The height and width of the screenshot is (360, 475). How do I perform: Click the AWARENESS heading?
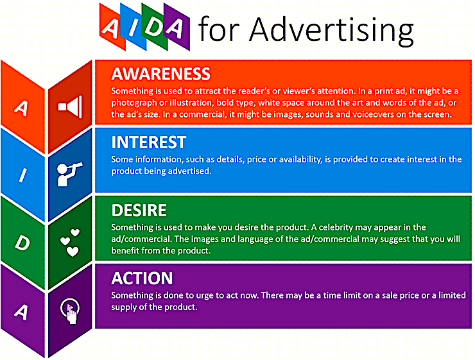coord(160,74)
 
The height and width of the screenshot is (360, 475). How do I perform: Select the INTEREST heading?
coord(149,142)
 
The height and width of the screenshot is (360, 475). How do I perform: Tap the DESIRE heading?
coord(139,210)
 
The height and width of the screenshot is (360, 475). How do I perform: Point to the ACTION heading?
coord(142,279)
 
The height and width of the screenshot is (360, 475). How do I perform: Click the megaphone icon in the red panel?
coord(70,107)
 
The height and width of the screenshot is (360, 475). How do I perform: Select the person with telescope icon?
coord(69,174)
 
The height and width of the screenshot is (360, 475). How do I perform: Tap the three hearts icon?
coord(70,243)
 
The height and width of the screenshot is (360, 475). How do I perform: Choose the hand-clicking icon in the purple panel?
coord(70,311)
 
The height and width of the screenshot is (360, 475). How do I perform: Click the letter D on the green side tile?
coord(22,243)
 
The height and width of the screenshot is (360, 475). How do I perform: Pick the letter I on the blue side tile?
coord(22,175)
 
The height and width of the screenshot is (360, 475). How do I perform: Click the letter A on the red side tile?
coord(21,108)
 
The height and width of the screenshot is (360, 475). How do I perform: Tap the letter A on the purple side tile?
coord(21,312)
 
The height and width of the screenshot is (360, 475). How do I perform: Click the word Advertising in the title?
coord(331,30)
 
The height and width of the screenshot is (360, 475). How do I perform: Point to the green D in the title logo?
coord(154,27)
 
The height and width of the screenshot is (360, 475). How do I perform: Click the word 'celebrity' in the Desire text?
coord(336,227)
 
